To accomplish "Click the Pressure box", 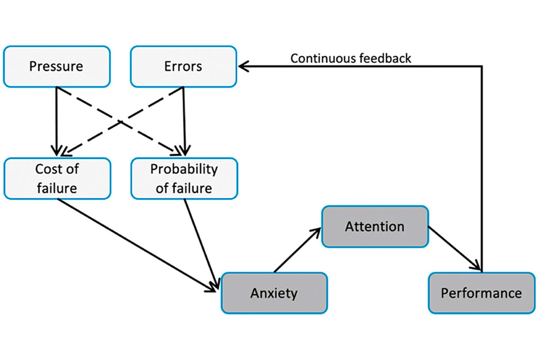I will pyautogui.click(x=57, y=67).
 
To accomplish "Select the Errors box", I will pyautogui.click(x=183, y=67).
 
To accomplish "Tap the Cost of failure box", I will pyautogui.click(x=57, y=178).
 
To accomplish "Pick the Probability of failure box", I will pyautogui.click(x=184, y=178).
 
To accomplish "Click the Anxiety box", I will pyautogui.click(x=274, y=293).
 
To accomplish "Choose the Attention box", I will pyautogui.click(x=375, y=226).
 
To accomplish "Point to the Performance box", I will pyautogui.click(x=481, y=293).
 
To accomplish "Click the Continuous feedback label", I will pyautogui.click(x=350, y=58).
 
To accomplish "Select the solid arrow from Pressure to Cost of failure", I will pyautogui.click(x=56, y=120).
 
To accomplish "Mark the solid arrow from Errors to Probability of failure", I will pyautogui.click(x=184, y=120).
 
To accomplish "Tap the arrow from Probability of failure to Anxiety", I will pyautogui.click(x=201, y=243).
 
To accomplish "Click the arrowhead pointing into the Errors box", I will pyautogui.click(x=242, y=66).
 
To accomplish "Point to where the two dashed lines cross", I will pyautogui.click(x=121, y=122).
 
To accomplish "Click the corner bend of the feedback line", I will pyautogui.click(x=482, y=66).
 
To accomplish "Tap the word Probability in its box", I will pyautogui.click(x=184, y=169).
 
